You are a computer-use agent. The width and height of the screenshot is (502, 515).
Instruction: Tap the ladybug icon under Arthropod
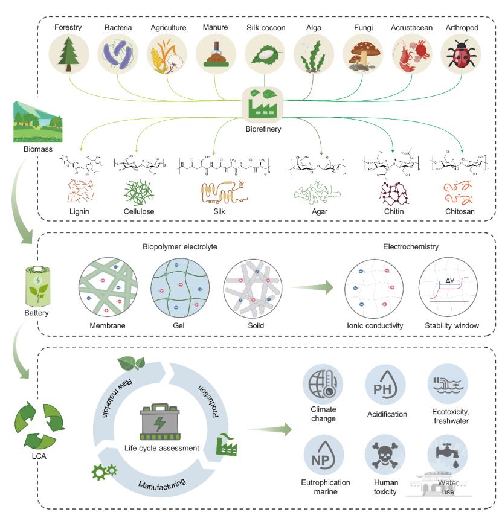click(x=460, y=54)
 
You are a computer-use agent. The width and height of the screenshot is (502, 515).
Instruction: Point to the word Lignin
click(x=80, y=211)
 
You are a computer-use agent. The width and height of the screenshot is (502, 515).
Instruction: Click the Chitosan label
click(x=460, y=211)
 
